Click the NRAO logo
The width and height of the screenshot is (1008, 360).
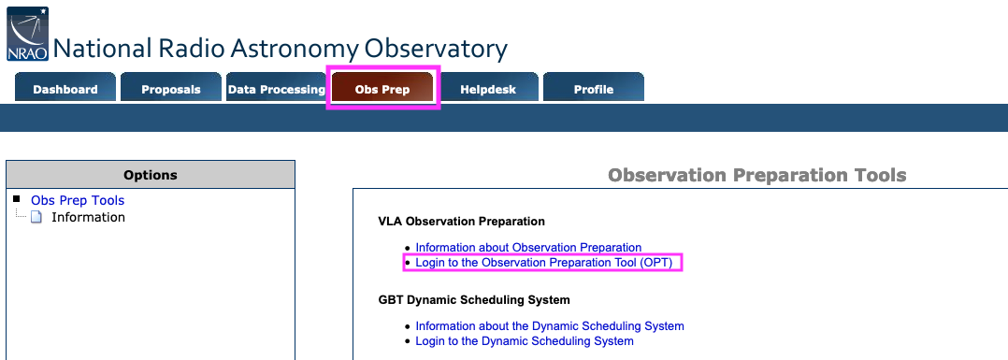(28, 34)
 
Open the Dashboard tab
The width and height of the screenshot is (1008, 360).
(65, 88)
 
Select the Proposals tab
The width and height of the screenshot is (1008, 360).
(171, 88)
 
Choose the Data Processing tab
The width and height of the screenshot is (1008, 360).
(277, 88)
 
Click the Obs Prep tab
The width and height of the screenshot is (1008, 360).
(382, 88)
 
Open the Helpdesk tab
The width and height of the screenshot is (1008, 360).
(488, 88)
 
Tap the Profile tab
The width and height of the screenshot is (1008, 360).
(594, 88)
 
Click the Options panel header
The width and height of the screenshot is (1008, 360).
(151, 175)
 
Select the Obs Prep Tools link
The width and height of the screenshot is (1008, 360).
(78, 200)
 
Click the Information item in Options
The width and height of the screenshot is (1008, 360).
(88, 217)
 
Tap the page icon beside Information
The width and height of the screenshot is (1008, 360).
(36, 217)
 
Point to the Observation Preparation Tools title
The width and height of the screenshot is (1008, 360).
(757, 175)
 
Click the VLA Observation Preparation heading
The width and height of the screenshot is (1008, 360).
(462, 221)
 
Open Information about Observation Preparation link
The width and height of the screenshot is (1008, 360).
(528, 248)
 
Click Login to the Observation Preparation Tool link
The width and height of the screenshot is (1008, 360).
(544, 262)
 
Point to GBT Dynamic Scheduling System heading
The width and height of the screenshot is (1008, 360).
(474, 299)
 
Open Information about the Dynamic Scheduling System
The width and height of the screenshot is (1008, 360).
(550, 326)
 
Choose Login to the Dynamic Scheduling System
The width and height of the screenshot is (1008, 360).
(525, 341)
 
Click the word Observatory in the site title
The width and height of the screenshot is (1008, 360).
(436, 49)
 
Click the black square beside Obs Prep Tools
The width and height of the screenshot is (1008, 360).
(17, 198)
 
